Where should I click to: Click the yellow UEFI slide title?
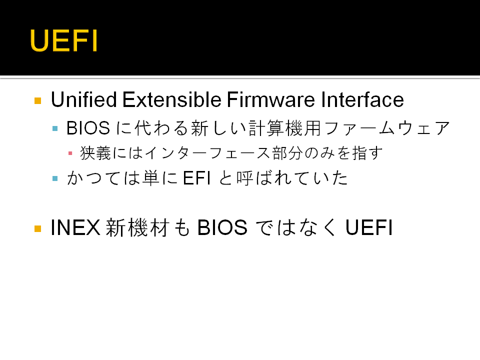pyautogui.click(x=63, y=40)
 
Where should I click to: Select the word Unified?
pyautogui.click(x=84, y=99)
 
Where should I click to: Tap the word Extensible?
pyautogui.click(x=171, y=99)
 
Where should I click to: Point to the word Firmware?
pyautogui.click(x=270, y=99)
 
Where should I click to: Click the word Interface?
pyautogui.click(x=362, y=99)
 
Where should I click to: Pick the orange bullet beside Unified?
pyautogui.click(x=38, y=100)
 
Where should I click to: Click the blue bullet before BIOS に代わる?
pyautogui.click(x=55, y=128)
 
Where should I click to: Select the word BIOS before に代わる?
pyautogui.click(x=88, y=128)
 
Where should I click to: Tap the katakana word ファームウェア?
pyautogui.click(x=387, y=128)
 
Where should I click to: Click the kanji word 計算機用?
pyautogui.click(x=284, y=128)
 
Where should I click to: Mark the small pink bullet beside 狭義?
pyautogui.click(x=70, y=153)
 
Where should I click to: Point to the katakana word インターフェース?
pyautogui.click(x=208, y=153)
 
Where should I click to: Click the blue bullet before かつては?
pyautogui.click(x=55, y=178)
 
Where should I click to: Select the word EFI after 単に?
pyautogui.click(x=197, y=178)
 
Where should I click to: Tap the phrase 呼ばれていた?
pyautogui.click(x=292, y=178)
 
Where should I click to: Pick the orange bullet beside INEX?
pyautogui.click(x=38, y=228)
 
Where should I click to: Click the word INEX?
pyautogui.click(x=75, y=227)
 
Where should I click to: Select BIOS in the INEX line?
pyautogui.click(x=222, y=227)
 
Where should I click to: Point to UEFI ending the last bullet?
pyautogui.click(x=369, y=227)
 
